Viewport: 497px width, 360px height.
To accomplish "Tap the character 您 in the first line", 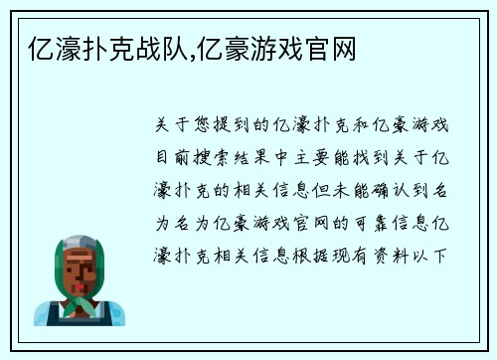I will (206, 126).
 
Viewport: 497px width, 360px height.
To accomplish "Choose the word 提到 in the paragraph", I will (242, 126).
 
